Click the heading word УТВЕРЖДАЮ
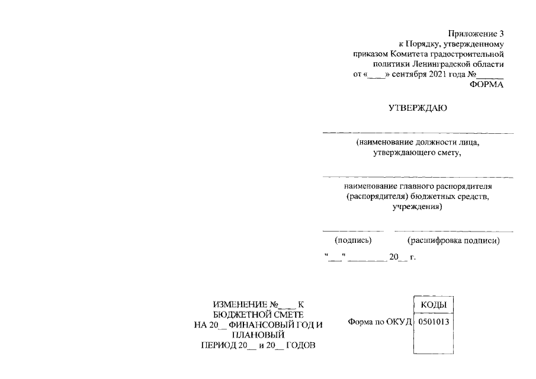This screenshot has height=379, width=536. (x=418, y=108)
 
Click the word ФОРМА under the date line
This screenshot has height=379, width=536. (x=486, y=85)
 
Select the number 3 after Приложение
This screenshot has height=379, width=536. (x=501, y=34)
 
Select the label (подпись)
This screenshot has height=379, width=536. (x=353, y=240)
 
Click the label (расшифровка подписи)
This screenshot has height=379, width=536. (x=454, y=240)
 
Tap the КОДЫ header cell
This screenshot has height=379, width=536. (x=434, y=304)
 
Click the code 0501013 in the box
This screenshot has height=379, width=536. (x=434, y=322)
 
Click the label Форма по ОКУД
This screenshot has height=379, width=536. (x=380, y=322)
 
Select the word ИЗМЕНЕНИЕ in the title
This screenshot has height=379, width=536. (x=240, y=304)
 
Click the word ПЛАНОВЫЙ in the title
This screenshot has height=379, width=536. (x=258, y=335)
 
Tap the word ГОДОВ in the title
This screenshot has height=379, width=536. (x=301, y=345)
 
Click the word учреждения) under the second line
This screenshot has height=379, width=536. (x=417, y=207)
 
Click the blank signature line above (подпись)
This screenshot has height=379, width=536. (x=353, y=232)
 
